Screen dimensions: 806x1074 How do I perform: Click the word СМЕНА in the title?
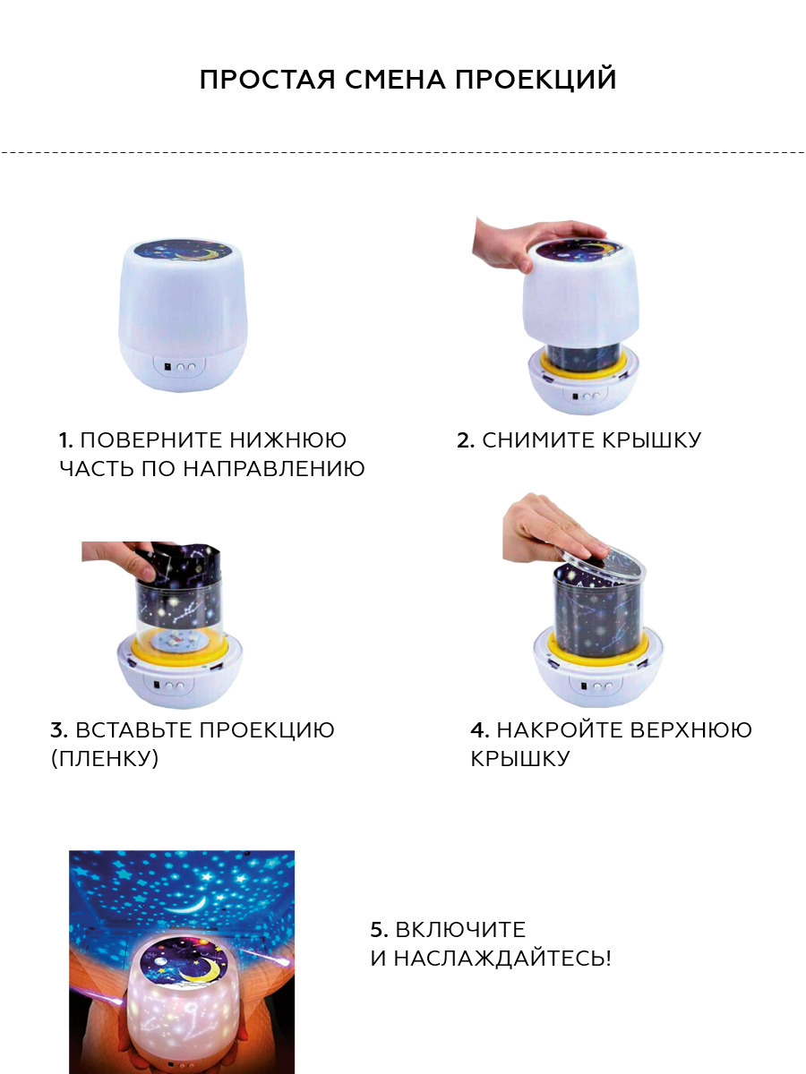click(x=396, y=79)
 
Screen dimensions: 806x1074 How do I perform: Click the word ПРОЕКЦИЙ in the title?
click(x=536, y=80)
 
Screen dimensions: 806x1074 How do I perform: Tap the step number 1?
click(x=65, y=440)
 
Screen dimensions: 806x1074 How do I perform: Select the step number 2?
click(x=466, y=440)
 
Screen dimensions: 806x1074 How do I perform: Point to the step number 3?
click(x=59, y=730)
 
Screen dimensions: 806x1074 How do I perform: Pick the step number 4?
click(x=480, y=730)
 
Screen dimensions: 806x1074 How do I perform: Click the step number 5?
click(x=379, y=930)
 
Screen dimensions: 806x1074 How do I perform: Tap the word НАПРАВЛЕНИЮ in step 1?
click(x=274, y=469)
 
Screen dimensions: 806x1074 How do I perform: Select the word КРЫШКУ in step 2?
click(x=652, y=440)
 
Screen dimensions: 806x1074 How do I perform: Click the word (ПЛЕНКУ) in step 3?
click(x=105, y=759)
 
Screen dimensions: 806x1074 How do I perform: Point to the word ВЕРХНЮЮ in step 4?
click(x=690, y=730)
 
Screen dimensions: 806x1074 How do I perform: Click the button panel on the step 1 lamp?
click(x=180, y=365)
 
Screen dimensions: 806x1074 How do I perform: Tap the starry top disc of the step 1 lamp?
click(x=182, y=250)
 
